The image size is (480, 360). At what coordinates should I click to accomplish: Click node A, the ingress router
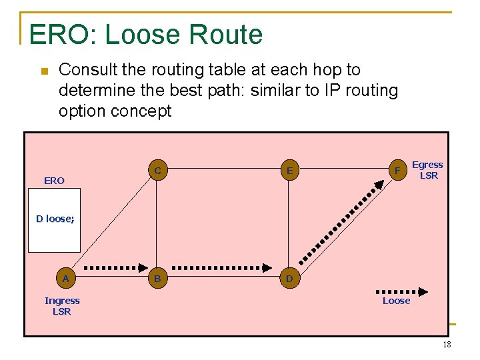65,278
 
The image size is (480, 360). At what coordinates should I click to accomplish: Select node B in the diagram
157,278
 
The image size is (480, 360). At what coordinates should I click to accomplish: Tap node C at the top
157,171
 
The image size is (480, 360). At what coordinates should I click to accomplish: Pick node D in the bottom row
289,278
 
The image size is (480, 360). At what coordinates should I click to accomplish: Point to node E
289,171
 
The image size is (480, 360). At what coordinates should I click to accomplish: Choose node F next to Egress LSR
397,171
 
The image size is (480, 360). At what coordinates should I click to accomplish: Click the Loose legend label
396,301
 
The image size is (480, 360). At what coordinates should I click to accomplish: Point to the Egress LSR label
428,170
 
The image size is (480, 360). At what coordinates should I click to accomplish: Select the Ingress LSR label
62,306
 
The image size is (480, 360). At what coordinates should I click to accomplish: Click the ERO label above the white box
54,181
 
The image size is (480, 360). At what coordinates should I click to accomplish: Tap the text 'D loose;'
55,219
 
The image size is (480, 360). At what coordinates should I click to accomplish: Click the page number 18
447,345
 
